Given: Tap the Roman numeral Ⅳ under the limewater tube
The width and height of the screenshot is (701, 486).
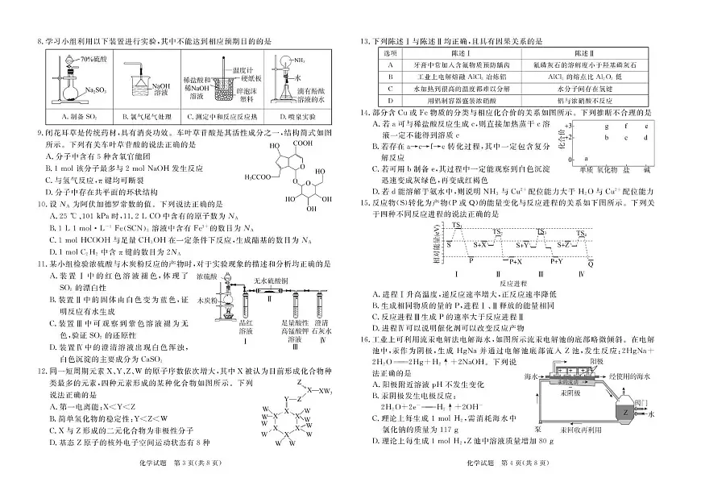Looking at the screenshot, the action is [321, 339].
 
